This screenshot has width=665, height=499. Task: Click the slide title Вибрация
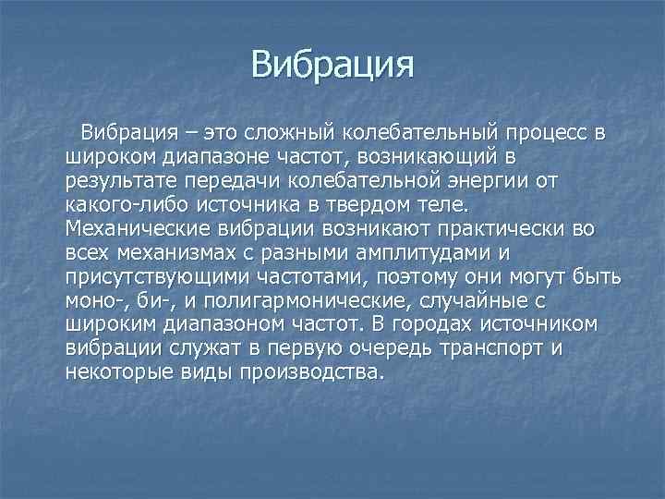(332, 66)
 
